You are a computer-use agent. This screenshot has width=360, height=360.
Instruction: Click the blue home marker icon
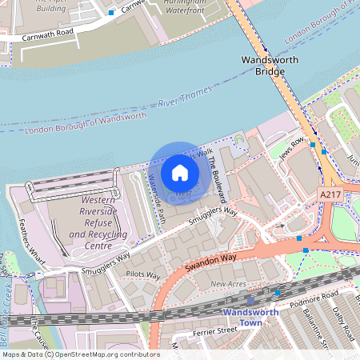pyautogui.click(x=180, y=172)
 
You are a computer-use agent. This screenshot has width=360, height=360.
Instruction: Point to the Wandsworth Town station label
pyautogui.click(x=250, y=317)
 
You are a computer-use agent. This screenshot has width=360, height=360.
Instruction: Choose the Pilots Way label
pyautogui.click(x=143, y=275)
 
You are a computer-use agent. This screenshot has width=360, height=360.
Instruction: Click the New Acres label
pyautogui.click(x=229, y=284)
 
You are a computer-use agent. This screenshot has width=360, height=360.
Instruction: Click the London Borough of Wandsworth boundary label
pyautogui.click(x=86, y=122)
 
